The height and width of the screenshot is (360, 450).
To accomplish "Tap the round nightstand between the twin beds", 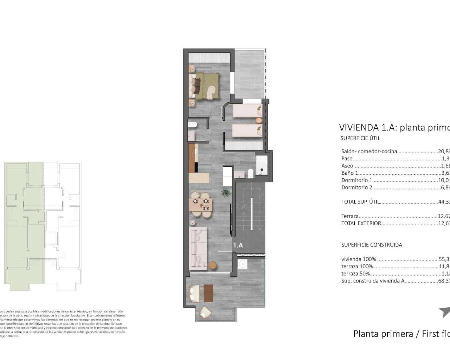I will [259, 121].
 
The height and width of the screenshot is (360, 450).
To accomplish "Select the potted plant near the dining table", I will [225, 192].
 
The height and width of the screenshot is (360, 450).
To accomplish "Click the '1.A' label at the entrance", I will [238, 245].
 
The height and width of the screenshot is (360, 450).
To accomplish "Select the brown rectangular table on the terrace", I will [208, 293].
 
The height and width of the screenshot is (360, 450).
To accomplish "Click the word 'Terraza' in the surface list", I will [350, 216].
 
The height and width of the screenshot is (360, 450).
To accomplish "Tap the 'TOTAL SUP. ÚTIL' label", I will [360, 202].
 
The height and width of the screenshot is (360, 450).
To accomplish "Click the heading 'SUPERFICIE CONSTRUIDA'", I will [371, 245].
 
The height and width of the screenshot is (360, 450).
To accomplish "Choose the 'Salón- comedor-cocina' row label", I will [369, 151].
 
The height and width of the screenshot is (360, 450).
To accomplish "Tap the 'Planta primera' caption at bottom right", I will [383, 333].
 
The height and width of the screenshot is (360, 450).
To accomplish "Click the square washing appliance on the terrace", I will [242, 264].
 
